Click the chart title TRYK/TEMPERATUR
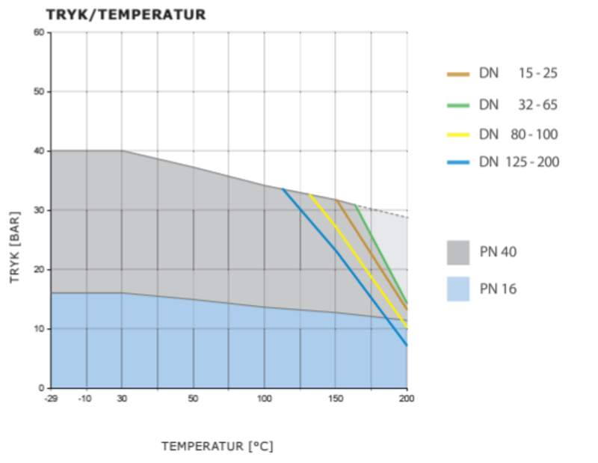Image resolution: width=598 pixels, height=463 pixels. [x=126, y=14]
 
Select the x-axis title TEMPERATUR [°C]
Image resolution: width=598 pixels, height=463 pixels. [x=217, y=447]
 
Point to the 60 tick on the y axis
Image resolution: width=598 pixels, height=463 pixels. [x=38, y=32]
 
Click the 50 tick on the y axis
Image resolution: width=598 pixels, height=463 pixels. [x=38, y=91]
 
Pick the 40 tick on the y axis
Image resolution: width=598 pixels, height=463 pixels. [x=38, y=151]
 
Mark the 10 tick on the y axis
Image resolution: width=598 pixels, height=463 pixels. [x=38, y=329]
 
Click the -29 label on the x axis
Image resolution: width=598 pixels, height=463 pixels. [x=51, y=398]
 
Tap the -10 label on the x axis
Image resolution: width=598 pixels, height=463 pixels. [x=86, y=398]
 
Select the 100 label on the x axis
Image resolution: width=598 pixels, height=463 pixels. [x=264, y=398]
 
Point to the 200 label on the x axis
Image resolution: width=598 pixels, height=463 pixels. [x=407, y=398]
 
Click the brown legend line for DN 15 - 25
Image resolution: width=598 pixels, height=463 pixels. [x=457, y=74]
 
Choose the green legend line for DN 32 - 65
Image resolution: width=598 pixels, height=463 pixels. [x=457, y=105]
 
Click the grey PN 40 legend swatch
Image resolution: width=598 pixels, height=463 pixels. [x=457, y=252]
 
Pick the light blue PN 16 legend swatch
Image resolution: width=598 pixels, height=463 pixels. [x=457, y=289]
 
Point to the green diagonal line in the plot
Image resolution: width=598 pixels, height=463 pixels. [x=381, y=254]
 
